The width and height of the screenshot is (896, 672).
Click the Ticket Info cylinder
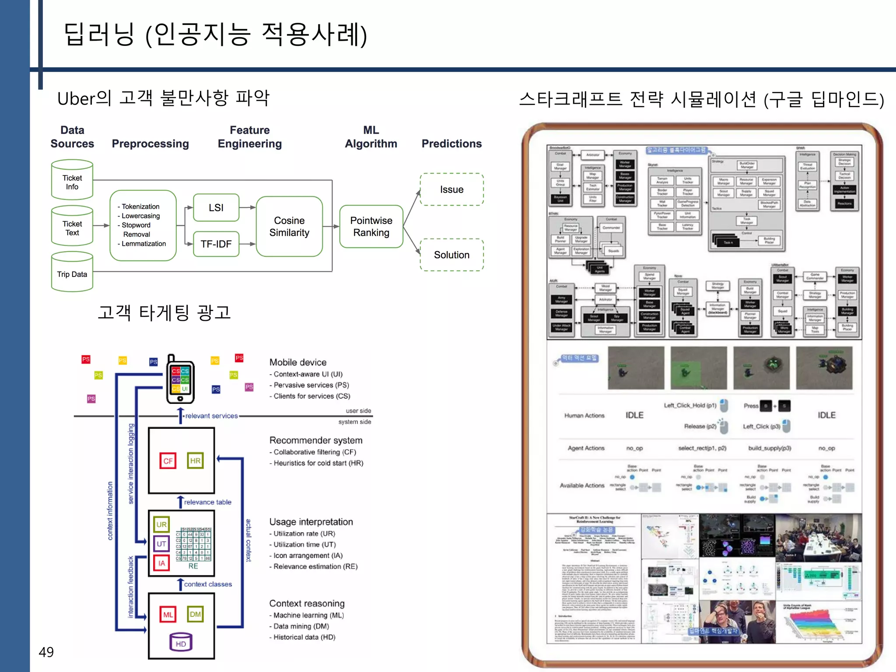click(72, 181)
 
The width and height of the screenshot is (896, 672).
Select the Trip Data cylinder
click(72, 273)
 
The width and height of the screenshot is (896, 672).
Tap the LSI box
click(216, 208)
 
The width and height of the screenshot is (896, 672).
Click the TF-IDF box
click(216, 244)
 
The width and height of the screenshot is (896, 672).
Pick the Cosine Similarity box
click(289, 227)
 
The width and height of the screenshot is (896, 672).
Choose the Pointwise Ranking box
click(371, 227)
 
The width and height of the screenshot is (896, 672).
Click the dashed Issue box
click(451, 189)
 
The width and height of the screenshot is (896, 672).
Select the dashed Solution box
click(451, 255)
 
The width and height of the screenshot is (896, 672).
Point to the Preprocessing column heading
click(150, 143)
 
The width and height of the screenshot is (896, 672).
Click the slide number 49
click(46, 652)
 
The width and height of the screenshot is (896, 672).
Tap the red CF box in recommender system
click(168, 461)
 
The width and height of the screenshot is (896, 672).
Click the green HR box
click(195, 461)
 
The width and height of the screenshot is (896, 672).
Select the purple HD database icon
click(181, 642)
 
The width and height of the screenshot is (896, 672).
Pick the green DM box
click(195, 614)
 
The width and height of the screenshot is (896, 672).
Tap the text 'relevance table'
click(207, 502)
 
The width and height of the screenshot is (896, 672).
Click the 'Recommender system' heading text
click(315, 440)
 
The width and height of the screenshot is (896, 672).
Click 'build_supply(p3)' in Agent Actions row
click(769, 448)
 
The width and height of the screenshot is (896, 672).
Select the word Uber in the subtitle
click(76, 98)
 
